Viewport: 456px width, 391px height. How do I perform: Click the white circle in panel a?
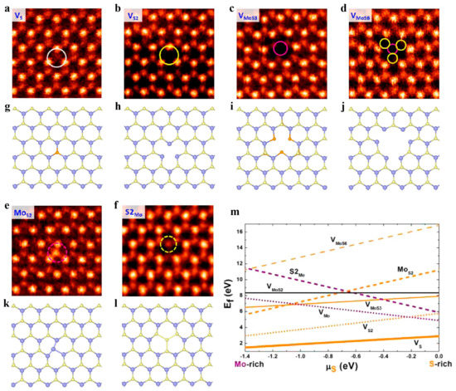(56, 56)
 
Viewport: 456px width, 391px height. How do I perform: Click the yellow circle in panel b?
(169, 56)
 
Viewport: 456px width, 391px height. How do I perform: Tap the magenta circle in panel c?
(281, 49)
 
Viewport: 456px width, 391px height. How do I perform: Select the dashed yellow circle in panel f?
(168, 244)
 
